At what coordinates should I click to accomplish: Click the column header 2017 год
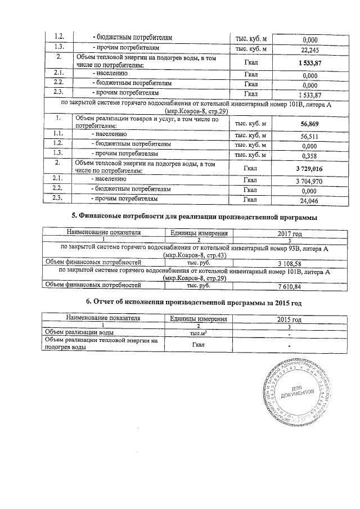[290, 233]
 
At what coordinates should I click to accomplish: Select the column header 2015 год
[290, 319]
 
